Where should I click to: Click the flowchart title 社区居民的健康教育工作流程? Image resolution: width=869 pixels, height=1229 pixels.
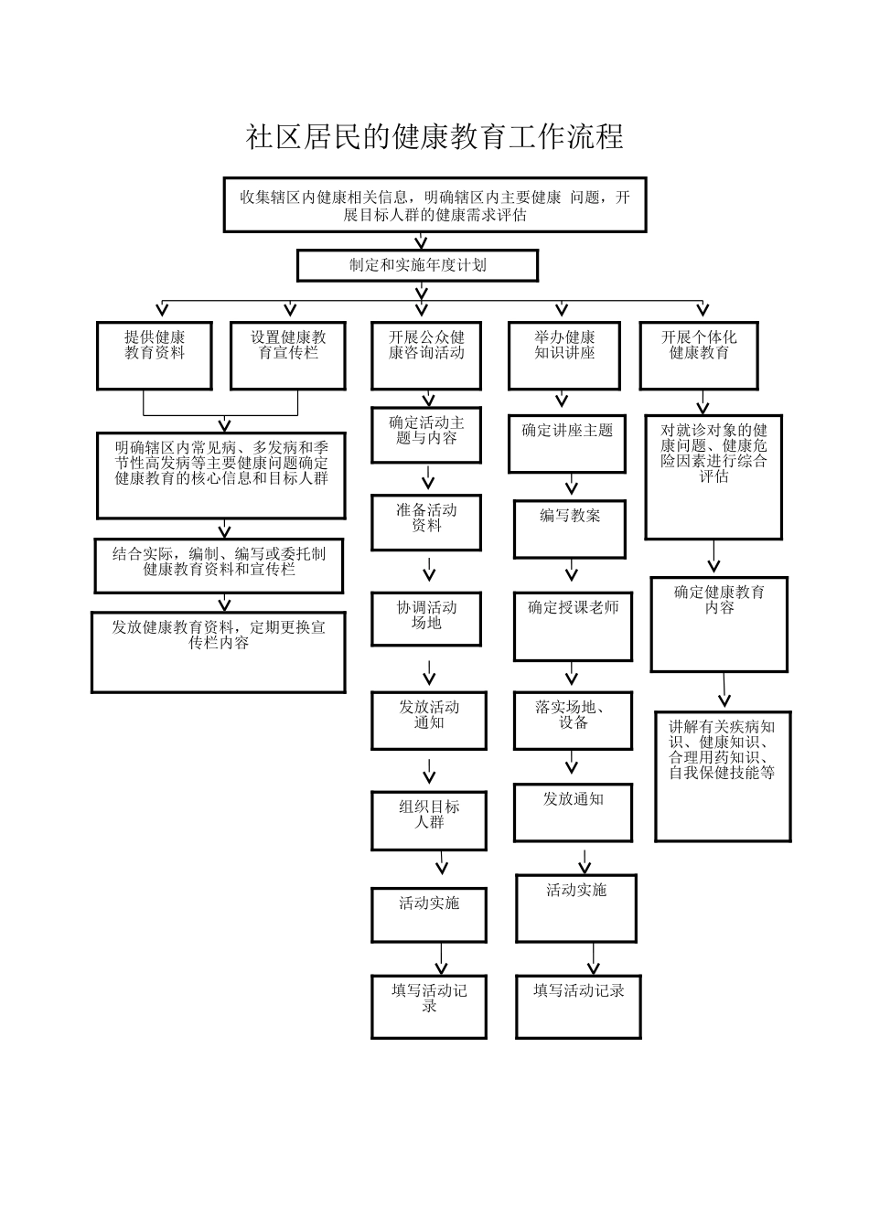tap(434, 137)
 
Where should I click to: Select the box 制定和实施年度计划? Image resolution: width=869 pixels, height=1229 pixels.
tap(417, 266)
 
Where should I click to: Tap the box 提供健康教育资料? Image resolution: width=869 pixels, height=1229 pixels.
tap(155, 355)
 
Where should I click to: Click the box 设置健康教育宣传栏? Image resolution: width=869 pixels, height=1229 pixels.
tap(288, 355)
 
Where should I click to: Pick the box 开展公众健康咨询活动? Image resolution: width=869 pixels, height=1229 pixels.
tap(426, 355)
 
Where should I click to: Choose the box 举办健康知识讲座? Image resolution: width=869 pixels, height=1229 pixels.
tap(564, 355)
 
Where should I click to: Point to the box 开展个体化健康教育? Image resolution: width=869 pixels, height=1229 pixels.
tap(699, 355)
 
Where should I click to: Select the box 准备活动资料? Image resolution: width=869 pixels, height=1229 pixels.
tap(426, 523)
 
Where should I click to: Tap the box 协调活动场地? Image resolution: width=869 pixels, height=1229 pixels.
tap(426, 619)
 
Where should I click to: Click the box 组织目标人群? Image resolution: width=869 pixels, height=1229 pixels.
tap(428, 820)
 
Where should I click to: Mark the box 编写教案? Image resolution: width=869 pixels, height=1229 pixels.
tap(570, 529)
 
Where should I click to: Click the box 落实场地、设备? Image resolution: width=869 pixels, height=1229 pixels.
tap(573, 720)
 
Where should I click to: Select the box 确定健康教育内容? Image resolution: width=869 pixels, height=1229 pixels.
tap(719, 624)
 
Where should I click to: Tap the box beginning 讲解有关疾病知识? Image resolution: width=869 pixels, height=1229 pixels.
tap(723, 775)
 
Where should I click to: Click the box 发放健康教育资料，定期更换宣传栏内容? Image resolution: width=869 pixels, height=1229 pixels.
tap(219, 651)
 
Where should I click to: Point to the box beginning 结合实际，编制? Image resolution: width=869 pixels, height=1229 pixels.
tap(220, 565)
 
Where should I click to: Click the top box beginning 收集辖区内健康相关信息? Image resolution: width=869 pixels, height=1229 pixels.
tap(434, 205)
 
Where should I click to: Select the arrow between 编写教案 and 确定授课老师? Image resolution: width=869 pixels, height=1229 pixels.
tap(572, 572)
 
